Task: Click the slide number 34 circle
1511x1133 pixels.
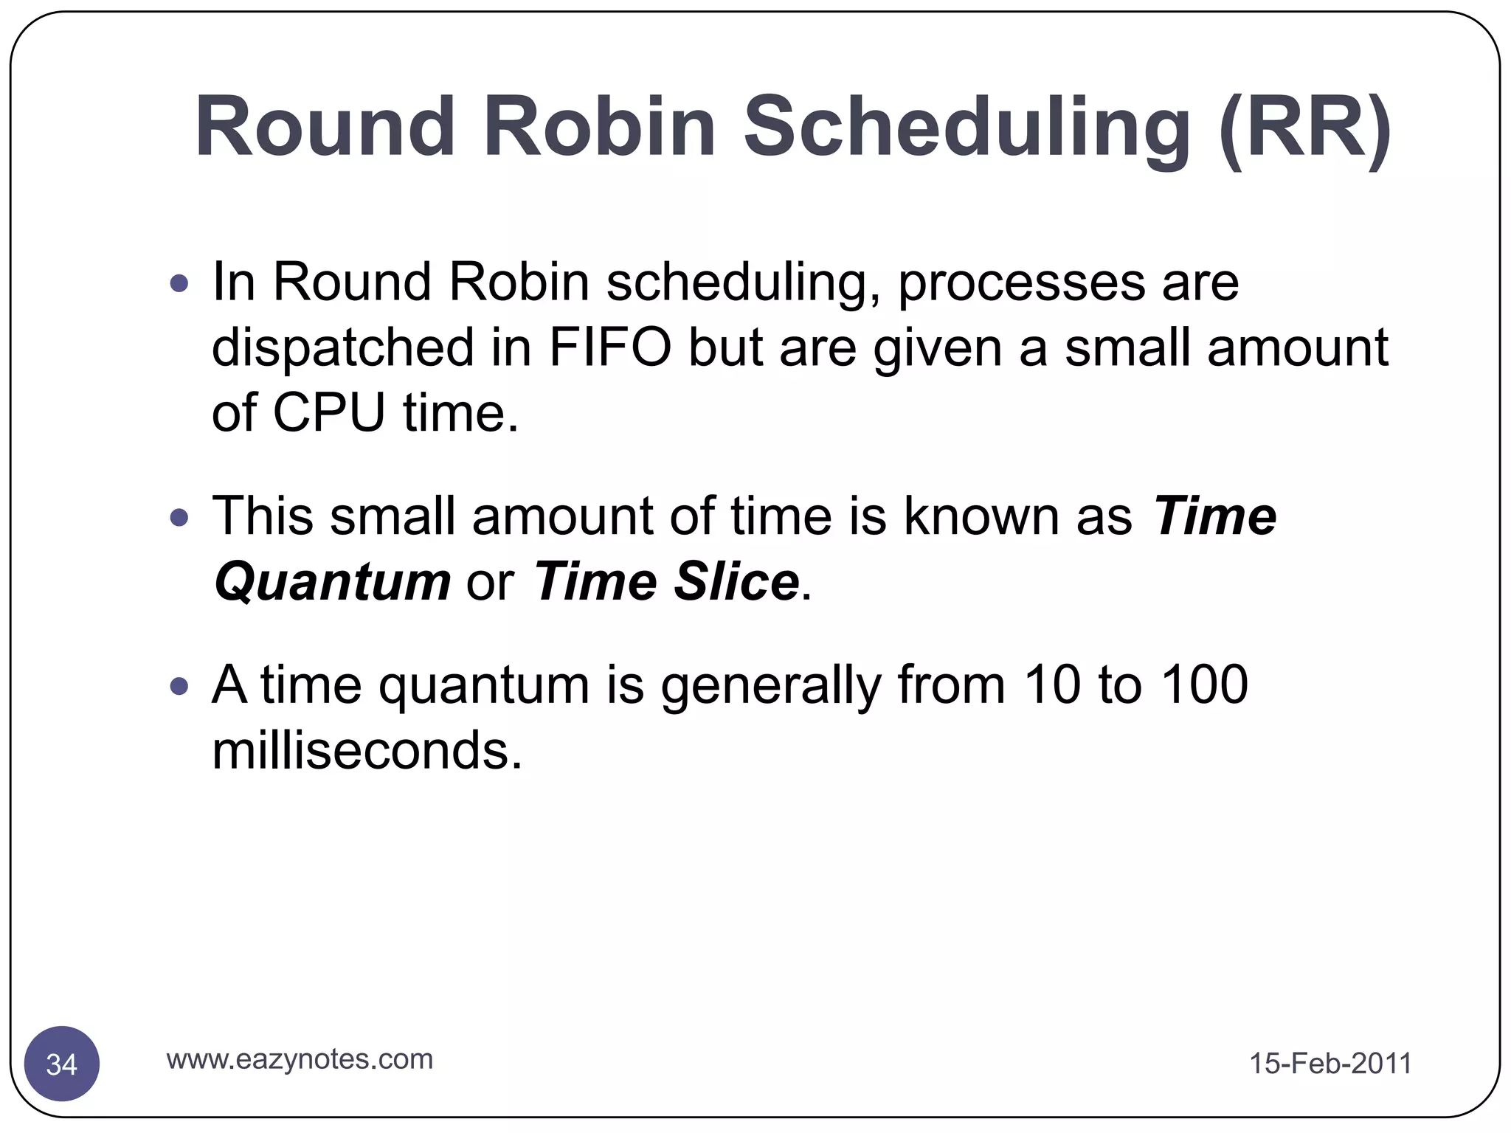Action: pos(62,1064)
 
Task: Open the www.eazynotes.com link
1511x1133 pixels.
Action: pos(300,1059)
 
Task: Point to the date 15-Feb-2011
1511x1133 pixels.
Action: pos(1330,1064)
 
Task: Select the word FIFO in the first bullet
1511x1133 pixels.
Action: pos(609,347)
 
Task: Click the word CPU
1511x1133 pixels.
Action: pos(329,412)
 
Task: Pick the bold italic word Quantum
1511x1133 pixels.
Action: pos(332,581)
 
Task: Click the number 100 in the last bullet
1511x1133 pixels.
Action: pos(1204,685)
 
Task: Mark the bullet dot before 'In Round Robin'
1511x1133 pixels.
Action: pos(179,283)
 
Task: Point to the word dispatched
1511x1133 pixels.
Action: pos(342,349)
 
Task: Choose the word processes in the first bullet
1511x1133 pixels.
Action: pos(1021,283)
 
